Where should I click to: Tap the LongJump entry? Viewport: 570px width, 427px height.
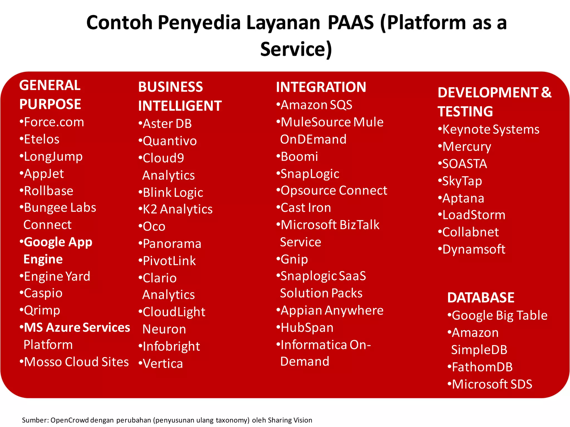tap(53, 157)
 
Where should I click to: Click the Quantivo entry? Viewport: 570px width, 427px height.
tap(169, 141)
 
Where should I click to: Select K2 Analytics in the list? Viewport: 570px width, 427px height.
tap(177, 209)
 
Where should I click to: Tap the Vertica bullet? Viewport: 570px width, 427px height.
tap(163, 364)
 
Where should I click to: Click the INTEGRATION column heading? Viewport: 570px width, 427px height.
tap(321, 87)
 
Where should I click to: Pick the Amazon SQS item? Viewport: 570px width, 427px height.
tap(316, 105)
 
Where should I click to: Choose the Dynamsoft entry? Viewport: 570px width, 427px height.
tap(473, 249)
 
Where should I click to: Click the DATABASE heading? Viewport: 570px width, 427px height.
tap(481, 297)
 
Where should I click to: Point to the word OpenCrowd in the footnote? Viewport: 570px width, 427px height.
tap(70, 420)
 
